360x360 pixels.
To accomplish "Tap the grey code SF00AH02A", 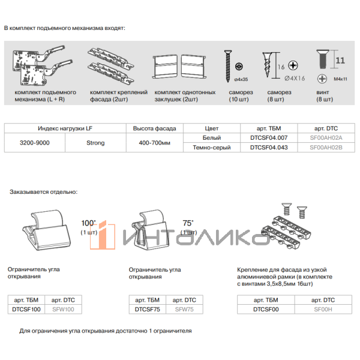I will [x=326, y=138].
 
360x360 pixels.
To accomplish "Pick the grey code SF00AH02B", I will [x=326, y=148].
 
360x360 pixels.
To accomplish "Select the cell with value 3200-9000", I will [x=34, y=143].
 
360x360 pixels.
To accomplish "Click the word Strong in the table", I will [x=95, y=143].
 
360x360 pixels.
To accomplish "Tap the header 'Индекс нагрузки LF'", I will [x=65, y=128].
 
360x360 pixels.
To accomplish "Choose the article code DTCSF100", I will [x=26, y=310].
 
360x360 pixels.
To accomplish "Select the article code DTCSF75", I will [x=147, y=310].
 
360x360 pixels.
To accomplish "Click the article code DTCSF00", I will [x=267, y=310].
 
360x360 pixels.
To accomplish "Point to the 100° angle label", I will [x=88, y=223].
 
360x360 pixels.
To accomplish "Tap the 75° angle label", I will [x=188, y=223].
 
